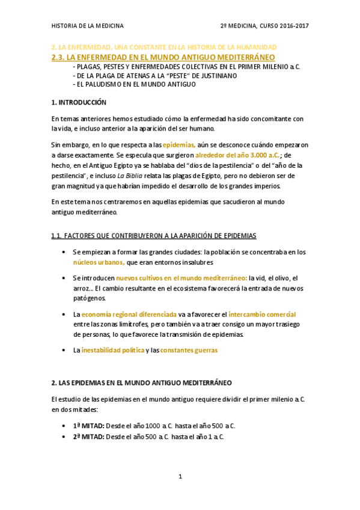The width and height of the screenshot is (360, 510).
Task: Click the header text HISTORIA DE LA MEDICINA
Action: [88, 26]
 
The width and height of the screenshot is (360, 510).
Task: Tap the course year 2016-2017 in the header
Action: [293, 26]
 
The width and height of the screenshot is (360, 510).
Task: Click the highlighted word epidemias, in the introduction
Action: [179, 144]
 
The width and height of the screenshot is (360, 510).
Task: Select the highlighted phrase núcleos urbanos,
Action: [99, 262]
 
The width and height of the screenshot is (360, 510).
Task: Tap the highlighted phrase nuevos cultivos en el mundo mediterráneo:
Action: [182, 278]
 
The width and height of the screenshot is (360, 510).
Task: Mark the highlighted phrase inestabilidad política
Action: [112, 350]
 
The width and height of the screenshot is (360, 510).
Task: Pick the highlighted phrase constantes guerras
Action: [189, 350]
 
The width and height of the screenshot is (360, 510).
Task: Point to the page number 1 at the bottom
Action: [180, 477]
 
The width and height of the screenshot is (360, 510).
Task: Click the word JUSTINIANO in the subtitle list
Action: [214, 76]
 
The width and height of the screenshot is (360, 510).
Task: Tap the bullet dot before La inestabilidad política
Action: [65, 350]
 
